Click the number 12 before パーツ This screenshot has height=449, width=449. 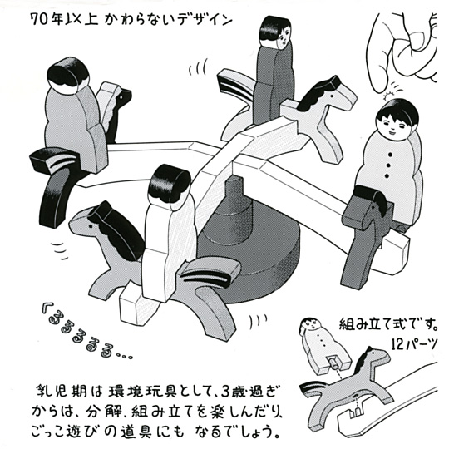click(398, 345)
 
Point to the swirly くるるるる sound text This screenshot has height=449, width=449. click(86, 332)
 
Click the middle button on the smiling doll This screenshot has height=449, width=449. click(388, 165)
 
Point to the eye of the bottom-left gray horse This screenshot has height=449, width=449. click(91, 226)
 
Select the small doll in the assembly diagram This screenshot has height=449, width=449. click(323, 347)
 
